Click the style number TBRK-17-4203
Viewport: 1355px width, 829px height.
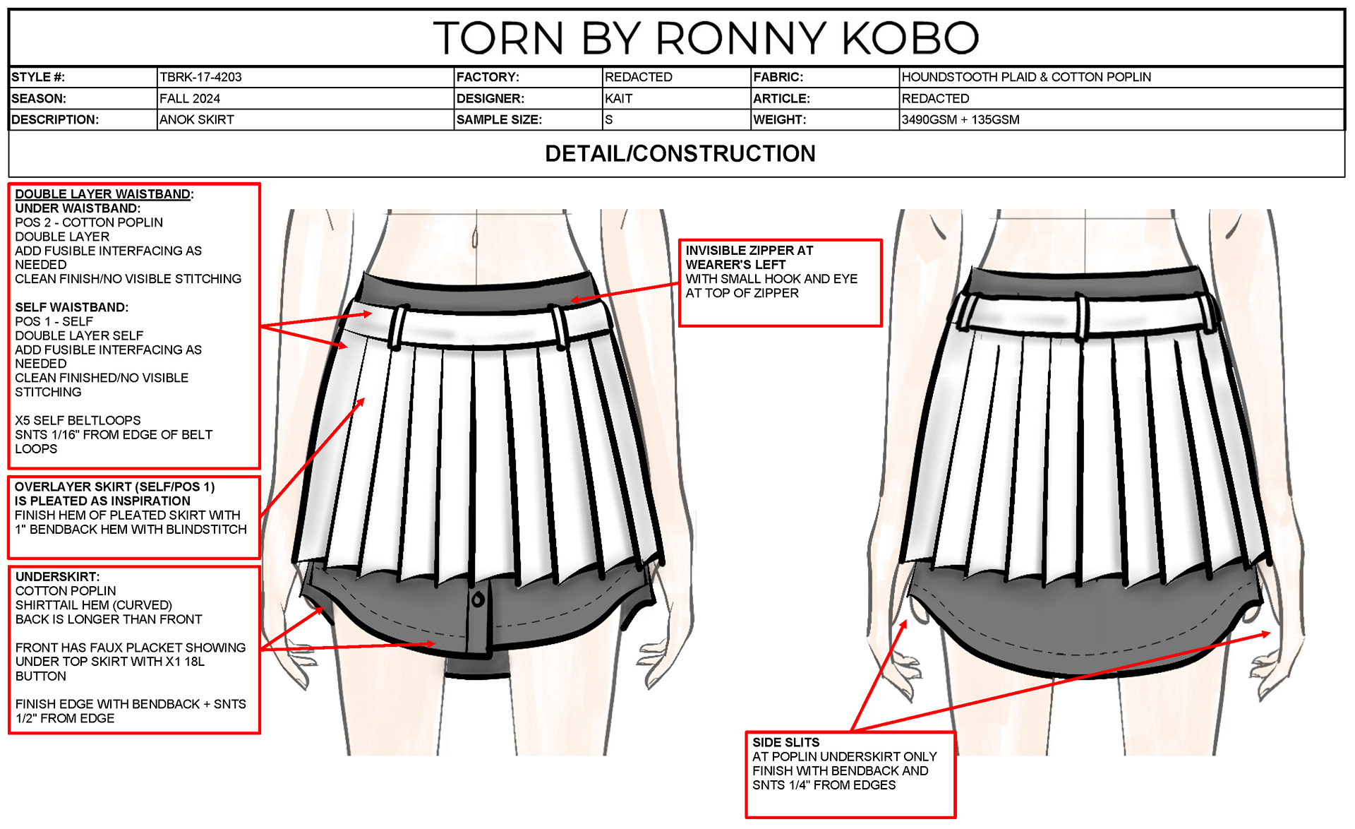pyautogui.click(x=200, y=77)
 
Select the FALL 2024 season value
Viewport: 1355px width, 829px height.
pyautogui.click(x=189, y=99)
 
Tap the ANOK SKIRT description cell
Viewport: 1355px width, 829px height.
pyautogui.click(x=196, y=120)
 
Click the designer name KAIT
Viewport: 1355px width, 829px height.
pyautogui.click(x=618, y=99)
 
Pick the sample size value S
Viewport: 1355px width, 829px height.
pyautogui.click(x=609, y=120)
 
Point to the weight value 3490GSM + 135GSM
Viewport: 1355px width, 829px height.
pyautogui.click(x=960, y=120)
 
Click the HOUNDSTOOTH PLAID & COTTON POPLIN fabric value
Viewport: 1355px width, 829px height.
pyautogui.click(x=1025, y=77)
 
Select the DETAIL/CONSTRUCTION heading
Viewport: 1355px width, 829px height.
pyautogui.click(x=680, y=154)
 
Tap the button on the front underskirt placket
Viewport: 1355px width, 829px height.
pyautogui.click(x=478, y=600)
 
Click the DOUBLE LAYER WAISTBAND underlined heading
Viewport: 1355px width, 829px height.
pyautogui.click(x=103, y=194)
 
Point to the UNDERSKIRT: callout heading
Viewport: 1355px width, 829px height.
pyautogui.click(x=57, y=577)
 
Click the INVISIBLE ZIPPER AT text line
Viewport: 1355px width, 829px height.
pyautogui.click(x=749, y=251)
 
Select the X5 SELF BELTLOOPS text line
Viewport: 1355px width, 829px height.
pyautogui.click(x=78, y=421)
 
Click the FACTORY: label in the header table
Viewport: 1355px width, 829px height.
pyautogui.click(x=488, y=77)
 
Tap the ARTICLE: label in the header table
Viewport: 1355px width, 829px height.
pyautogui.click(x=781, y=99)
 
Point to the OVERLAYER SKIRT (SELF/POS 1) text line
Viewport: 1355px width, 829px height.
pyautogui.click(x=114, y=487)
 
